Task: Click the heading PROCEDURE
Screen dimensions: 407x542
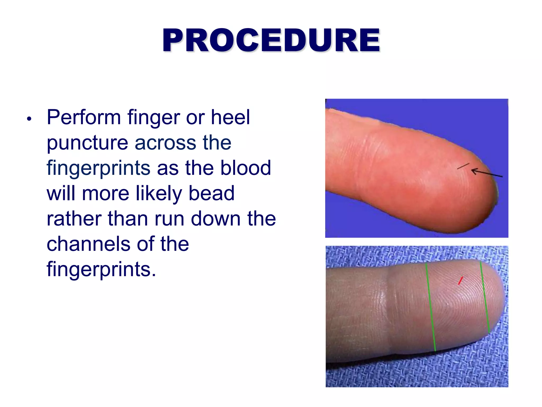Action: (x=271, y=40)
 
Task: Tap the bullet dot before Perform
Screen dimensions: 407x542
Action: (x=29, y=119)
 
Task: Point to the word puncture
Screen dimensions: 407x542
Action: (x=88, y=143)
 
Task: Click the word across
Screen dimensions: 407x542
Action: (x=165, y=143)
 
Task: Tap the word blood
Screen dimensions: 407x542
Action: (x=246, y=168)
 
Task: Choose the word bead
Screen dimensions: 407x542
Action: (x=211, y=193)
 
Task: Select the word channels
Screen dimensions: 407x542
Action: (x=88, y=244)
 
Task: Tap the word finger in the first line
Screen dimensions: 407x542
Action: (x=153, y=118)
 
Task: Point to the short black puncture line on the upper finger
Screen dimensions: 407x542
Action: (x=463, y=166)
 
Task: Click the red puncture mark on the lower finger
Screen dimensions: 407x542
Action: (x=460, y=281)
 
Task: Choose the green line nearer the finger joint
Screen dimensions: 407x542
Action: (x=431, y=307)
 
